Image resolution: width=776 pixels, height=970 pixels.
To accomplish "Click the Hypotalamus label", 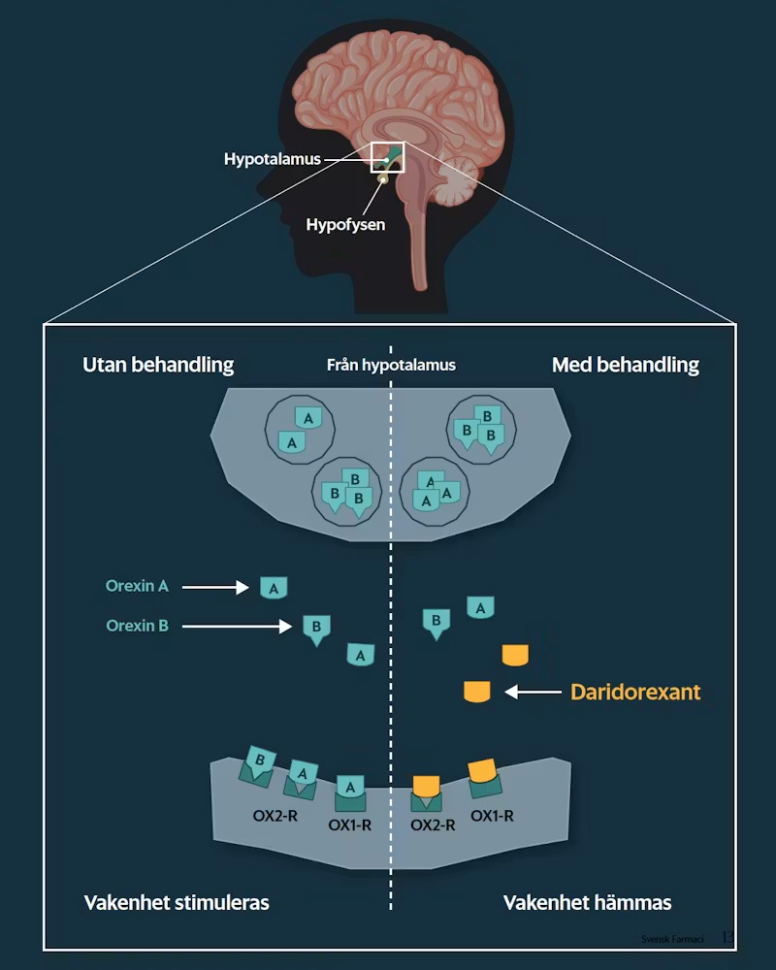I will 272,159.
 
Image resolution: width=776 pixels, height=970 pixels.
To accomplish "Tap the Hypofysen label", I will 345,225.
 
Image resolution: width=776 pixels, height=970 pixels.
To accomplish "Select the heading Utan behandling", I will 158,365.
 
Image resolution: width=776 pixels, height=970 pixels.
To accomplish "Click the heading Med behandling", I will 625,365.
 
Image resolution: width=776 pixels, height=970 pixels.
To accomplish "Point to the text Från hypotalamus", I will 391,366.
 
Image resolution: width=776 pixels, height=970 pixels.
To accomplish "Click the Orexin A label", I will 137,586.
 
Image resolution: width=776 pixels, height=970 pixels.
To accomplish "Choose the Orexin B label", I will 137,626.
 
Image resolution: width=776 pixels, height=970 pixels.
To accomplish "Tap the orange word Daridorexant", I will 635,693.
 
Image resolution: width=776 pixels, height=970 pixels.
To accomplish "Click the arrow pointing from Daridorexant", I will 533,693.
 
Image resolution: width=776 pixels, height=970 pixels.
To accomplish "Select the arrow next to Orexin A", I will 215,587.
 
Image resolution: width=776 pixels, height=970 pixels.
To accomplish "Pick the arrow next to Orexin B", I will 237,627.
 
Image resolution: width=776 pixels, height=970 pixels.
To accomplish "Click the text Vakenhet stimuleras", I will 176,902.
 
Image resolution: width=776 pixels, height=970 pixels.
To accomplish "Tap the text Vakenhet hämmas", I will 587,902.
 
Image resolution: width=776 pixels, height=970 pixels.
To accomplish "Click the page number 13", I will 727,938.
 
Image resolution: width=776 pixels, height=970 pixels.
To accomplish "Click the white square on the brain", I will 386,157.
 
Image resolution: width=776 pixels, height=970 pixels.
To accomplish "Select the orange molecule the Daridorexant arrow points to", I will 477,692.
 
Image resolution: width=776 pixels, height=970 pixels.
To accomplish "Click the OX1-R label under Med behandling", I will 492,816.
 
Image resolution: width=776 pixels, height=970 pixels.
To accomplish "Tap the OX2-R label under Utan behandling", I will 275,816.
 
